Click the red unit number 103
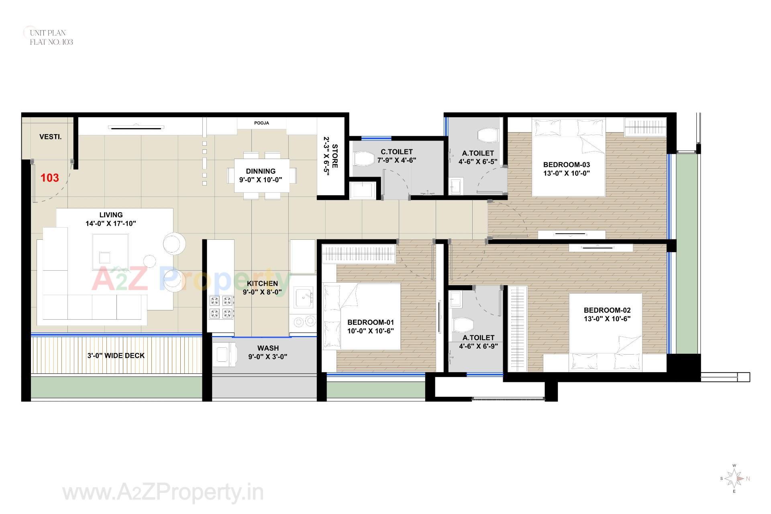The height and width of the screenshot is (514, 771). point(50,178)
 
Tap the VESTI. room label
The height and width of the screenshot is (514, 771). point(51,137)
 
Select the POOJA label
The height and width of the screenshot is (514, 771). point(261,123)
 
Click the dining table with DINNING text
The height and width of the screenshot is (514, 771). point(261,175)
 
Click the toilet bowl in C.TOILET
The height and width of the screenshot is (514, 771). point(363,159)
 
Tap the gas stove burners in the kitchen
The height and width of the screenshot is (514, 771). point(221,307)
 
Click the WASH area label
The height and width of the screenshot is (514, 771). point(268,348)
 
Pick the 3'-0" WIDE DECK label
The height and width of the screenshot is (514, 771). point(116,356)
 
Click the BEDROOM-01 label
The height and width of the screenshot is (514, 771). point(370,322)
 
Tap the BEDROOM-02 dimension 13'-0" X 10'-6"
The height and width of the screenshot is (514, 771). point(607,319)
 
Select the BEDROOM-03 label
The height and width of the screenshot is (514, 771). point(566,165)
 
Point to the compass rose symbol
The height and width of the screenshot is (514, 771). point(734,479)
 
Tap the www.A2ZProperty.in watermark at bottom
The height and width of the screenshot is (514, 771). point(163,492)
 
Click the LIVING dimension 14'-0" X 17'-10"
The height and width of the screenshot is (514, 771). point(111,224)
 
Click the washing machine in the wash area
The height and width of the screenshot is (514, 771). point(223,355)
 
